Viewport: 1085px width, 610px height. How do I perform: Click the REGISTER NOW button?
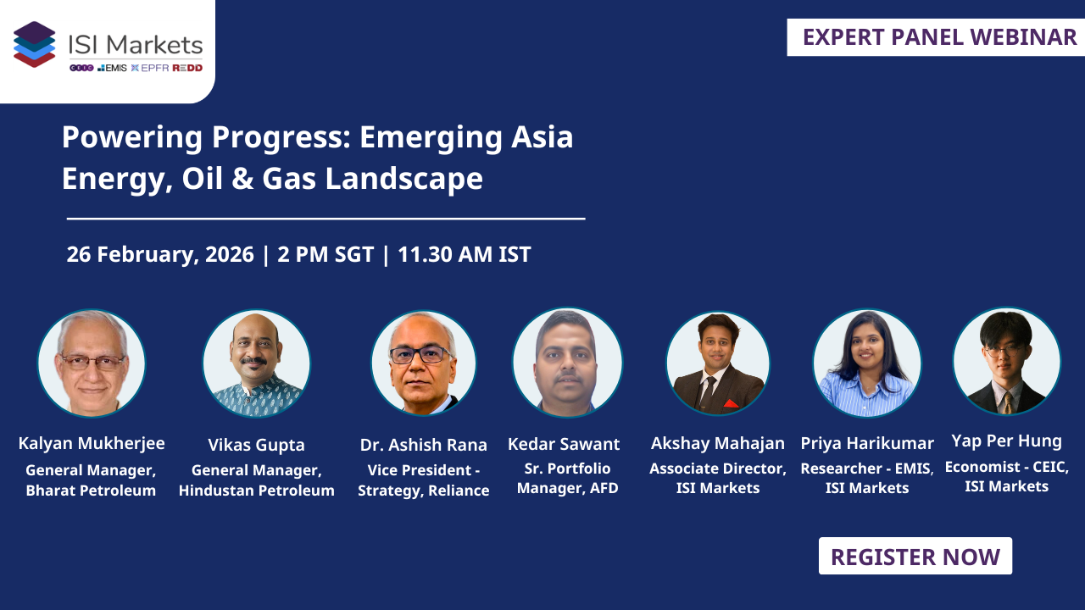tap(915, 557)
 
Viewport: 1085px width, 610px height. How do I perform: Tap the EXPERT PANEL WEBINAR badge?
tap(939, 37)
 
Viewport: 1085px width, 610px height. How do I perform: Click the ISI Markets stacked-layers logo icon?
tap(35, 44)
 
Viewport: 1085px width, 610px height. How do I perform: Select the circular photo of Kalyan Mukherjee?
tap(92, 363)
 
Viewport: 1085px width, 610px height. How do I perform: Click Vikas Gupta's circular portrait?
tap(256, 363)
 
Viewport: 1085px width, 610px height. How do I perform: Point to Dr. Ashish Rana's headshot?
tap(423, 363)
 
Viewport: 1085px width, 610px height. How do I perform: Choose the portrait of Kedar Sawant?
tap(567, 363)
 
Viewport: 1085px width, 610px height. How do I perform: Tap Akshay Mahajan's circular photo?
tap(718, 363)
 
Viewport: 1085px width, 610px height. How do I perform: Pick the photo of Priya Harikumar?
tap(866, 363)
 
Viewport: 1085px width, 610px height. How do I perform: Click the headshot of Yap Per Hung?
tap(1006, 362)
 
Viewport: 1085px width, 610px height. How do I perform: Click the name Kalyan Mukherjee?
tap(92, 443)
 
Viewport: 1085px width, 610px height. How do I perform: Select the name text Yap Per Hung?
tap(1006, 441)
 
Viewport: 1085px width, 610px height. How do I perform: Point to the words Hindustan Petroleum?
tap(256, 491)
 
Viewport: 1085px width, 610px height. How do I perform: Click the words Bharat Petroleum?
tap(91, 491)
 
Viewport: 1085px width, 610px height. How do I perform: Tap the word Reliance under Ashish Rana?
tap(459, 491)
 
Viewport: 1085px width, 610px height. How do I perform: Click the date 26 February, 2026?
tap(160, 254)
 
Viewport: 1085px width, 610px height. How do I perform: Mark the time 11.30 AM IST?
tap(465, 254)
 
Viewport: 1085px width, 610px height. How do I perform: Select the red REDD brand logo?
tap(187, 68)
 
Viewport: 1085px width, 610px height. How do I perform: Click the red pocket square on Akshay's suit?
tap(732, 403)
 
